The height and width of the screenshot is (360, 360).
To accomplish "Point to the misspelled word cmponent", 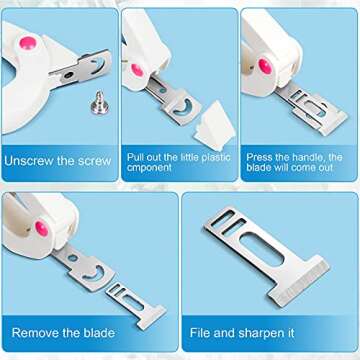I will tap(150, 169).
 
